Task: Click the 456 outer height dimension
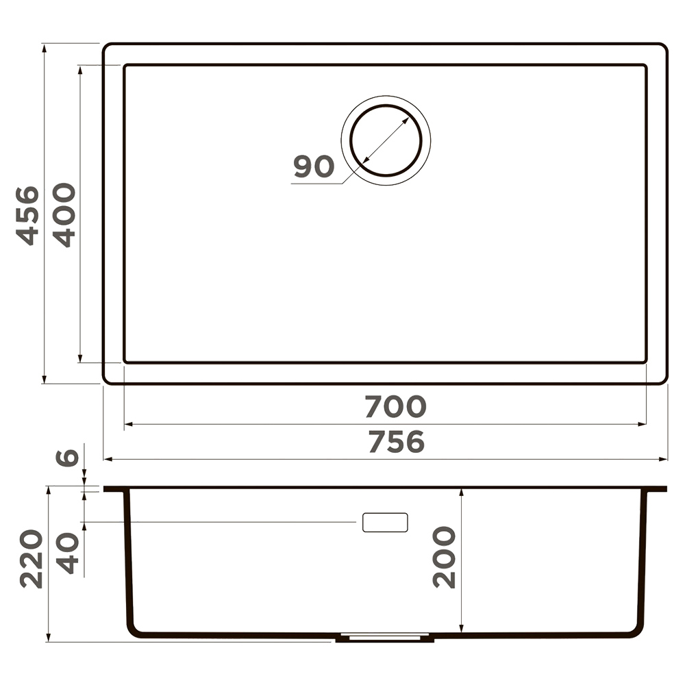click(x=27, y=216)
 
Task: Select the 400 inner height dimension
click(x=64, y=215)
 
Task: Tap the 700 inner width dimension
click(x=395, y=406)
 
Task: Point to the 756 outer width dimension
click(x=396, y=442)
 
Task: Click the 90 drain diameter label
click(x=314, y=166)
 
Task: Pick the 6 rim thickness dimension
click(x=67, y=457)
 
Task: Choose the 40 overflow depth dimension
click(x=68, y=553)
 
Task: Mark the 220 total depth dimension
click(x=32, y=559)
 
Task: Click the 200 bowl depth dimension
click(x=444, y=557)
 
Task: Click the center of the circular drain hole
click(x=386, y=140)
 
